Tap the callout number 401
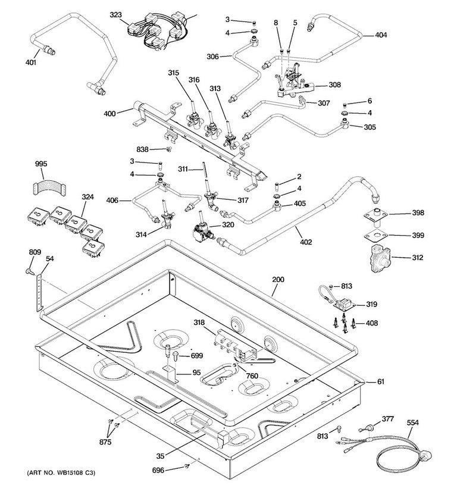[31, 62]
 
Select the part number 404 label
[381, 35]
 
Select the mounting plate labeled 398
[376, 215]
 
